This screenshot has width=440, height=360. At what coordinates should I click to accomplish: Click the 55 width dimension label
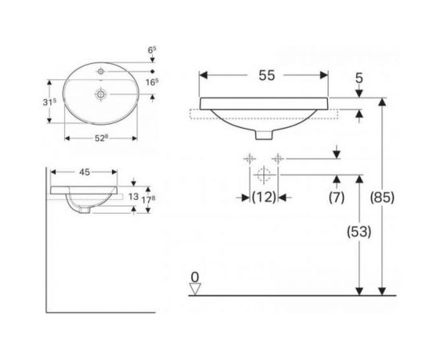click(266, 75)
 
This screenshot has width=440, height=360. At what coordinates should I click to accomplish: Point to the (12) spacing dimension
click(264, 194)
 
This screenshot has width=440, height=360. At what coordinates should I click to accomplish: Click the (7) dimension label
click(336, 194)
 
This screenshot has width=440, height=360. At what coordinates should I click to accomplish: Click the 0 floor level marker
click(194, 277)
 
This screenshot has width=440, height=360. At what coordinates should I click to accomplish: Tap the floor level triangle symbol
click(194, 289)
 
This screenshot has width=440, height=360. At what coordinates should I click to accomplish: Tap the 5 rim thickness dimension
click(359, 78)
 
